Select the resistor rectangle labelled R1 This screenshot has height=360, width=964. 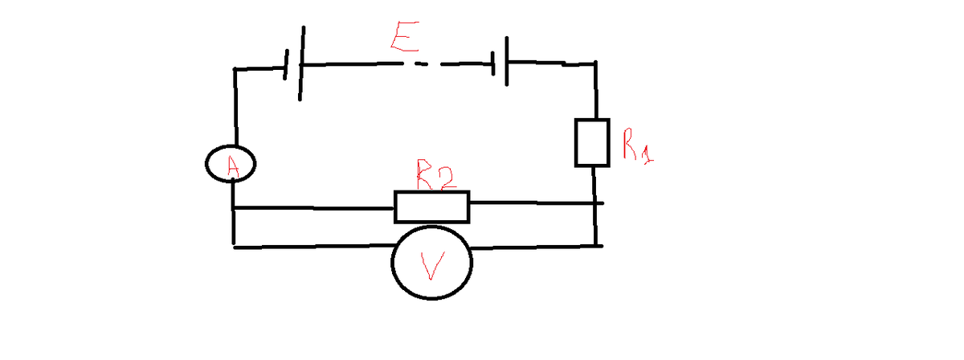(592, 142)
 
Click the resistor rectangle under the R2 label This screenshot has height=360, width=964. (431, 207)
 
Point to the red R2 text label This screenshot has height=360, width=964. (436, 177)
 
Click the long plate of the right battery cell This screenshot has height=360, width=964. (507, 60)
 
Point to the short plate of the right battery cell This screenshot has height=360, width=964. (493, 62)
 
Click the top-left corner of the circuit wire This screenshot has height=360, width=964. (235, 70)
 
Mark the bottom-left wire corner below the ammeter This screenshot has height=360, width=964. (234, 245)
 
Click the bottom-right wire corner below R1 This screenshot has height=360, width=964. (595, 245)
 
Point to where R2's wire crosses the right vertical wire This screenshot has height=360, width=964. (594, 204)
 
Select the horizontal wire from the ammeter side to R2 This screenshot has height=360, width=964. (313, 209)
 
